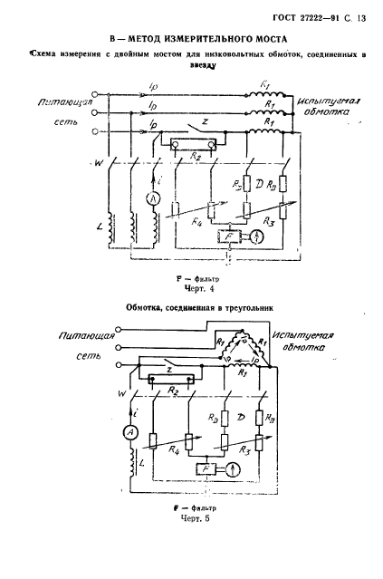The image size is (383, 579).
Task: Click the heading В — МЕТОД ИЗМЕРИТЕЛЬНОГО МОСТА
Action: pos(191,39)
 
